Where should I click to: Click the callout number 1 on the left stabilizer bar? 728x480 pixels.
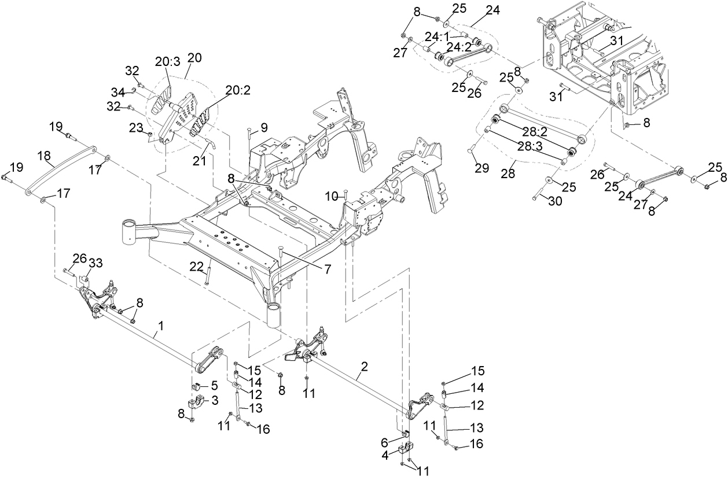(160, 327)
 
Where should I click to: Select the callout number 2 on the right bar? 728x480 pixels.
(364, 367)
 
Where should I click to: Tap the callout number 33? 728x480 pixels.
(95, 263)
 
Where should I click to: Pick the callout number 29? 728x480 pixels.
(482, 168)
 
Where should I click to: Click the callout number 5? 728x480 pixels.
(214, 385)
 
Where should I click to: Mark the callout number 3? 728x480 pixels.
(214, 400)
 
